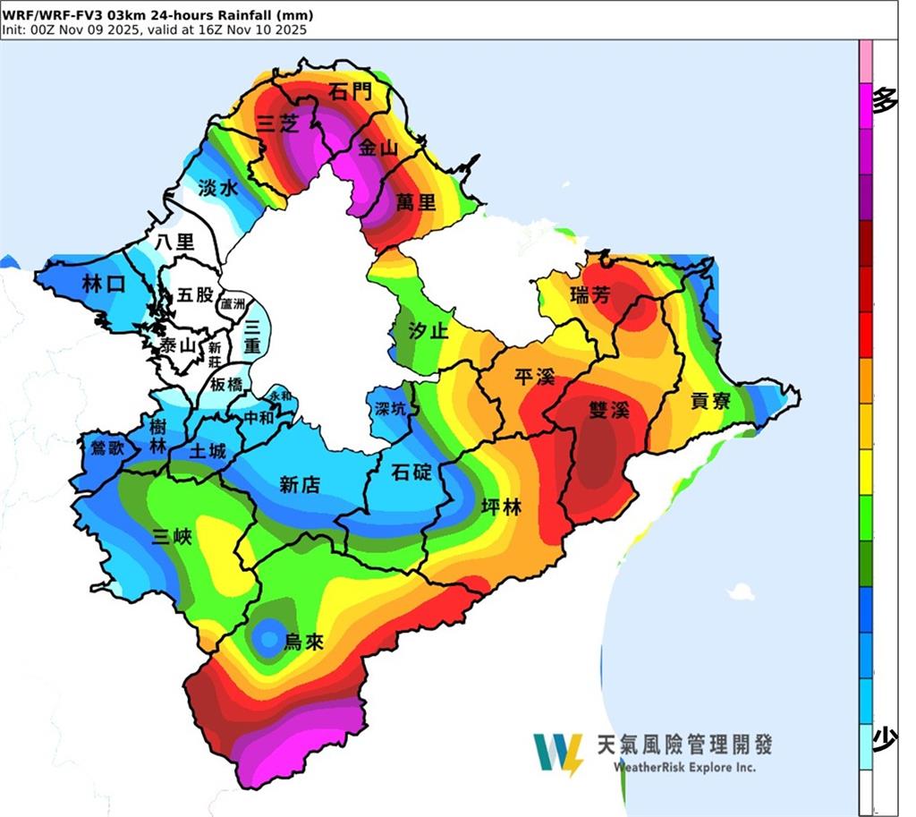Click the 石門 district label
[x=348, y=92]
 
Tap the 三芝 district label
[x=276, y=124]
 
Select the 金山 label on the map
[x=377, y=149]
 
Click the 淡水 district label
[x=217, y=188]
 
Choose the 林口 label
[x=101, y=285]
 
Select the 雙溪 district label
[x=609, y=410]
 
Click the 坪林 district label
[x=502, y=507]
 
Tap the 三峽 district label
[x=171, y=537]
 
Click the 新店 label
[x=300, y=484]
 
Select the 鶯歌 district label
[x=101, y=447]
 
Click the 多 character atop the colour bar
[x=884, y=100]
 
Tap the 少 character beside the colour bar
[x=884, y=738]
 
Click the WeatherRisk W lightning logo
[x=557, y=754]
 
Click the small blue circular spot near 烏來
[x=266, y=636]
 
